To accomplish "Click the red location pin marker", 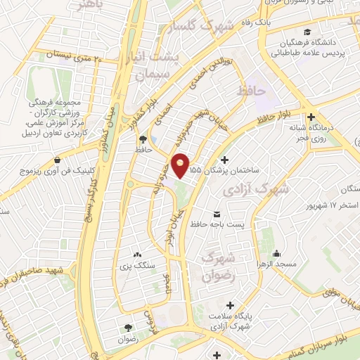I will [x=181, y=166].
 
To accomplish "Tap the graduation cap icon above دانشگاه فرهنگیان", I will [x=307, y=32].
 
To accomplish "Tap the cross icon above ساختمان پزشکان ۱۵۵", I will [x=225, y=160].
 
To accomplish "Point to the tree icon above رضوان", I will [x=128, y=328].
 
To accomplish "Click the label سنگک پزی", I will [x=138, y=266].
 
